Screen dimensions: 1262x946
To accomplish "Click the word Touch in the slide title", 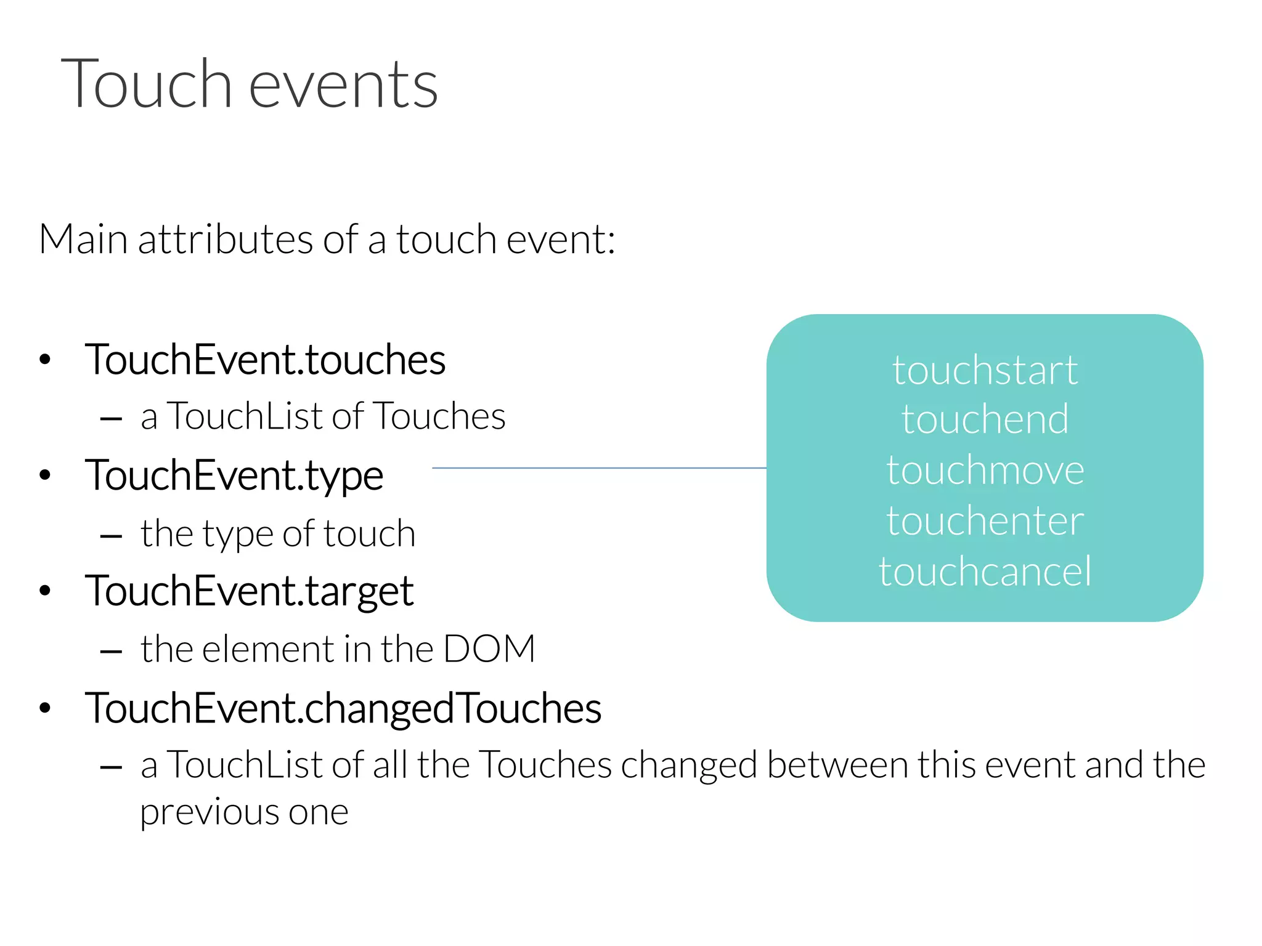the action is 146,84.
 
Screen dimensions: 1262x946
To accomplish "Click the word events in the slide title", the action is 343,86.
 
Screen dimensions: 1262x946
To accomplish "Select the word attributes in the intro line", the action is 226,240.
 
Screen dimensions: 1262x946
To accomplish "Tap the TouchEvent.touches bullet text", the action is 266,360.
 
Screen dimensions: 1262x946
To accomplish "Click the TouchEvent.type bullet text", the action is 234,475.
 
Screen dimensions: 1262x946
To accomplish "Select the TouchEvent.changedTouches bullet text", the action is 343,708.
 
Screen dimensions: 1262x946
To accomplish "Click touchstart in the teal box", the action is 985,371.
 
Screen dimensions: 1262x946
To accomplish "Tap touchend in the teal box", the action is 985,420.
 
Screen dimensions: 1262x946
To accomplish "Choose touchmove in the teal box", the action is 985,471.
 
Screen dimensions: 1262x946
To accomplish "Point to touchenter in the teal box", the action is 985,521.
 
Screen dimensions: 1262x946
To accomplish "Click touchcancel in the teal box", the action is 985,572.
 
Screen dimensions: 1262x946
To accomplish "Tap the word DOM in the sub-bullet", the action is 489,649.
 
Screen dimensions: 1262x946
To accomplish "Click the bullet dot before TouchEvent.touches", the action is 44,360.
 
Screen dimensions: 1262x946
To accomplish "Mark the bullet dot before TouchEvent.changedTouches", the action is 44,708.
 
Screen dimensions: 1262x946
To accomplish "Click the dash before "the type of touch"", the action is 111,536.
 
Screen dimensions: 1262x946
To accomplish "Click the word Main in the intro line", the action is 83,240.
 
